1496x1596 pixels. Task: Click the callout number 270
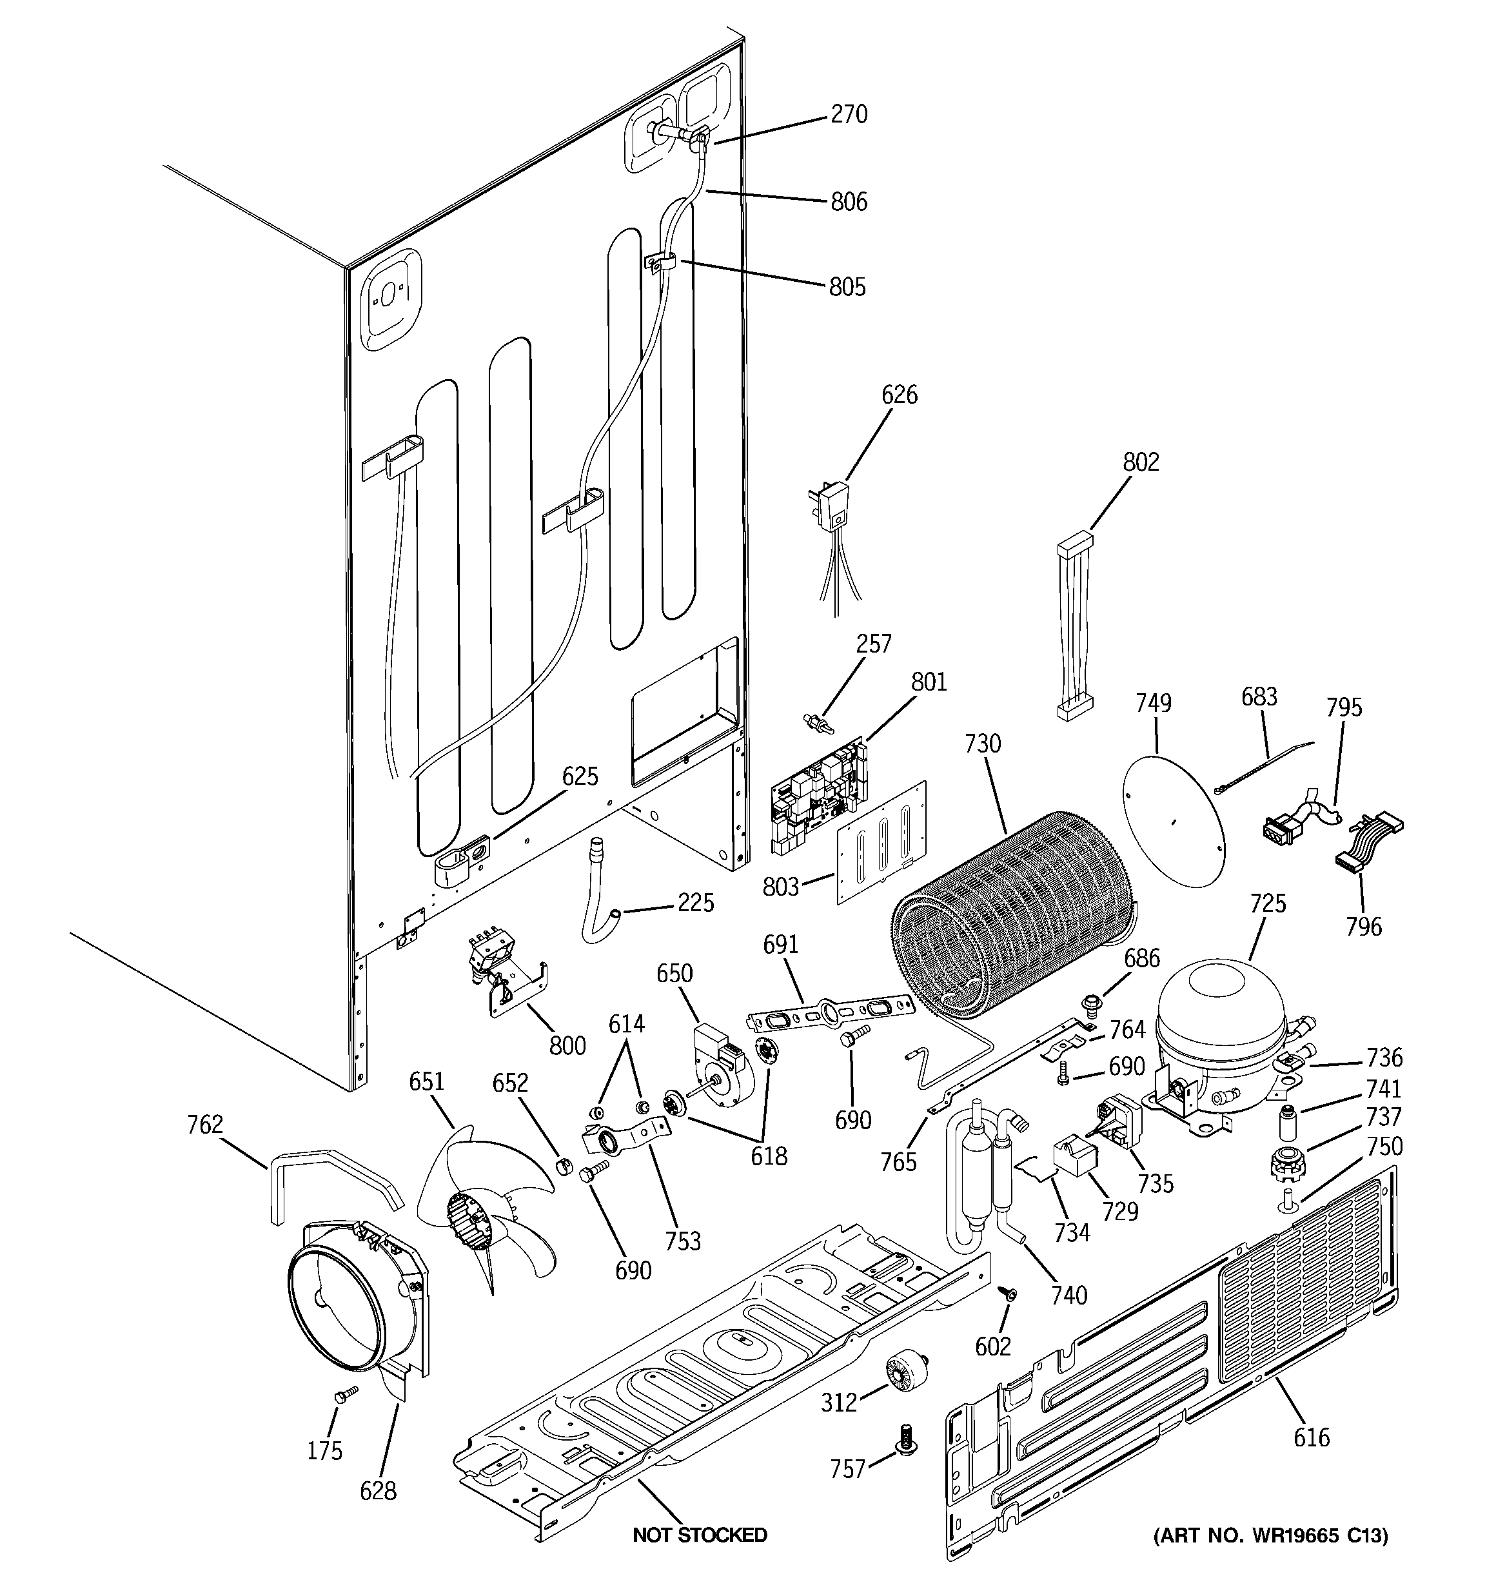coord(849,115)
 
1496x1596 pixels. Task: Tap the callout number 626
coord(900,395)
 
